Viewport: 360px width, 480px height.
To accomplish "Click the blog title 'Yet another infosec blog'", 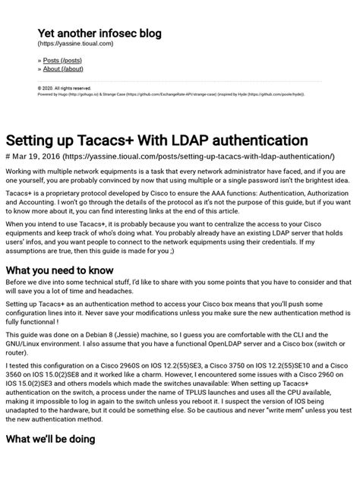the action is pos(99,34).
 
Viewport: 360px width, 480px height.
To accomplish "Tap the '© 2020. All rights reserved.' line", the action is pos(64,88).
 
